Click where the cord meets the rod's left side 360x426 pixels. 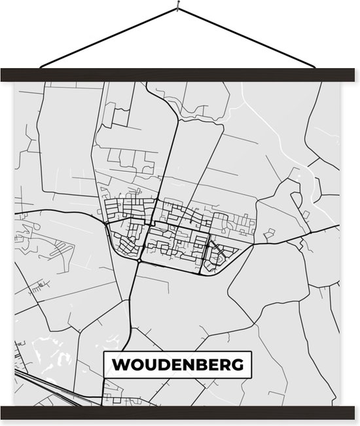[41, 67]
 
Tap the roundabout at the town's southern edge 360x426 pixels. [139, 260]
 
